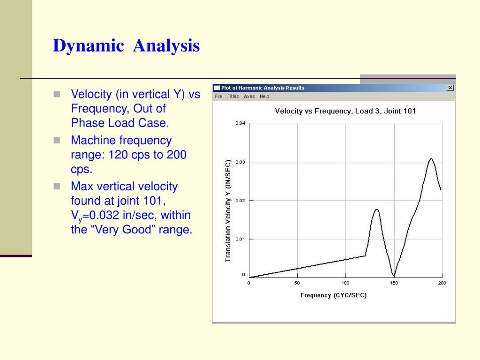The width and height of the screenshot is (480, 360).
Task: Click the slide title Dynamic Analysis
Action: point(126,46)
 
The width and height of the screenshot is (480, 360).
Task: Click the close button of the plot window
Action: point(450,88)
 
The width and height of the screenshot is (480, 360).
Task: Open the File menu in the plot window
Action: point(218,97)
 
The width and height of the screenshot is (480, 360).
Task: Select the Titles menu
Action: point(233,97)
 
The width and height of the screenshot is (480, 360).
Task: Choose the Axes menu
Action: point(249,97)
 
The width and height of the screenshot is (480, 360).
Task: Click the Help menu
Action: point(264,97)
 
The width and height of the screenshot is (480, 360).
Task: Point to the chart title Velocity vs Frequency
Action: point(345,111)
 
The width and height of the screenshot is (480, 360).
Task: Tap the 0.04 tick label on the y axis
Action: point(240,123)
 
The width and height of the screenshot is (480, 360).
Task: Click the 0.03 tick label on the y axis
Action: point(240,162)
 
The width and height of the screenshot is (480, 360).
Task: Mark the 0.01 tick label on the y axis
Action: point(240,239)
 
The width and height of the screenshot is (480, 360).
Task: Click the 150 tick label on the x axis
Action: point(394,283)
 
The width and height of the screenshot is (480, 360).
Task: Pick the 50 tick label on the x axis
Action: point(297,283)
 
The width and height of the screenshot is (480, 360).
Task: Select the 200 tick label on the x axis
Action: point(442,283)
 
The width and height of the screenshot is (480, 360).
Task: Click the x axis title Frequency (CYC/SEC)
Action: point(333,295)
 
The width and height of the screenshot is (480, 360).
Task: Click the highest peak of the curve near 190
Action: point(431,159)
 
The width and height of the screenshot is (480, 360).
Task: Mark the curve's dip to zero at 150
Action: point(394,276)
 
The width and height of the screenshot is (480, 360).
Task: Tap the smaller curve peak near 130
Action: point(376,210)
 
